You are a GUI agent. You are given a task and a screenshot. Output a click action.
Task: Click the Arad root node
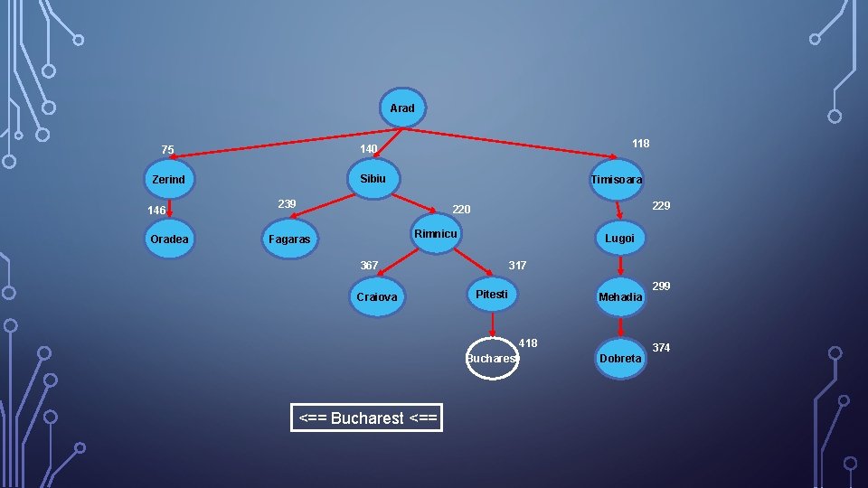[402, 108]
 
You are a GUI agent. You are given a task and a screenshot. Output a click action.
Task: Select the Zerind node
[169, 179]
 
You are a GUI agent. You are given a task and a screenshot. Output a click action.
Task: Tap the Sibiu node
[373, 178]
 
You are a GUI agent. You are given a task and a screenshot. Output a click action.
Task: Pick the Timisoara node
[616, 179]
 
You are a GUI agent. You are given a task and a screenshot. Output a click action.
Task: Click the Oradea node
[169, 239]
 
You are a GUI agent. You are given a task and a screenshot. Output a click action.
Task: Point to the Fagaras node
[289, 239]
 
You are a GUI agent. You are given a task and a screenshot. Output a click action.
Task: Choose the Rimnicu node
[436, 233]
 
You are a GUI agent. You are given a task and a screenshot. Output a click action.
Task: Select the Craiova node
[377, 296]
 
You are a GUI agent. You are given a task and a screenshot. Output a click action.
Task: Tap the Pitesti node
[492, 294]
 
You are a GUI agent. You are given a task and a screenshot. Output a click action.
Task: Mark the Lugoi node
[620, 238]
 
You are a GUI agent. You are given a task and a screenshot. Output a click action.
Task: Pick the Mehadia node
[620, 296]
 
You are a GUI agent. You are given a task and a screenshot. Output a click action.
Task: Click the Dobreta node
[620, 358]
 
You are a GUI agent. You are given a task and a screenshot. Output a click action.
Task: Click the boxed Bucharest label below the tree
[367, 418]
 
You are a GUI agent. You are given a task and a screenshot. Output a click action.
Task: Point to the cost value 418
[528, 343]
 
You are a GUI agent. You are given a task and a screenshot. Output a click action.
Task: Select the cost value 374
[661, 347]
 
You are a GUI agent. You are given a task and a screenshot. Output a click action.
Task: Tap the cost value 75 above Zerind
[168, 149]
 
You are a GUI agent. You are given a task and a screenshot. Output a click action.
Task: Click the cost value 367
[369, 266]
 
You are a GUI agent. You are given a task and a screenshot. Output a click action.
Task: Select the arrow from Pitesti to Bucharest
[492, 324]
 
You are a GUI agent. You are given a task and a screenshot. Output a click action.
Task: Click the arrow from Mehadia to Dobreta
[620, 327]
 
